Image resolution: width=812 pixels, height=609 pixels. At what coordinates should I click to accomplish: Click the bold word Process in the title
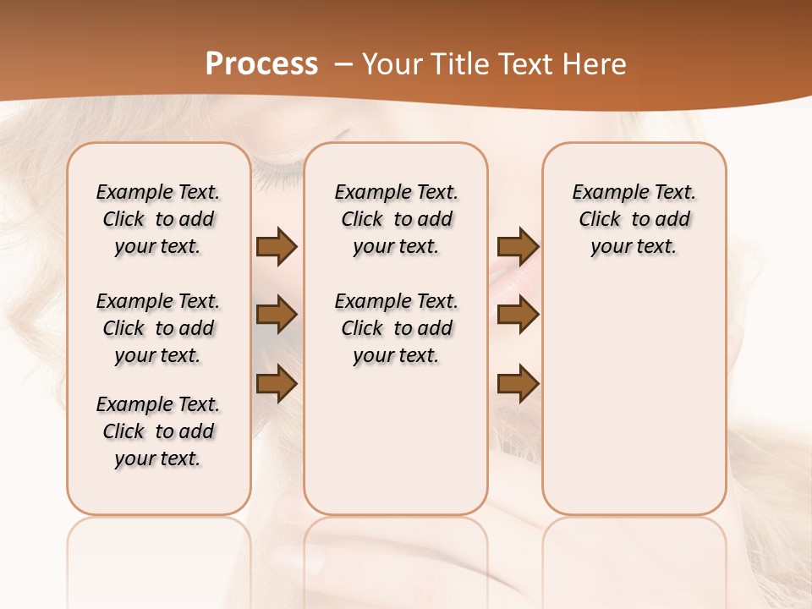(261, 64)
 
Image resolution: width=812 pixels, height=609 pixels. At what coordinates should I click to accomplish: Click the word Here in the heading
(595, 64)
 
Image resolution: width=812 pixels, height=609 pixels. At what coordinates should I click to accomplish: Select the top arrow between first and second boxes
(277, 246)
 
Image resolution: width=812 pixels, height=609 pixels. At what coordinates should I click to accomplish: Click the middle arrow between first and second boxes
(277, 315)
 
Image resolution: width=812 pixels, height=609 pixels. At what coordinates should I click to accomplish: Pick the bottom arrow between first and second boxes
(277, 384)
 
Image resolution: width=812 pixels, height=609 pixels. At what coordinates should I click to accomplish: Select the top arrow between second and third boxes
(518, 246)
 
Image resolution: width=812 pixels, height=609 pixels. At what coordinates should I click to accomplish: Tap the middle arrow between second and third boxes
(518, 315)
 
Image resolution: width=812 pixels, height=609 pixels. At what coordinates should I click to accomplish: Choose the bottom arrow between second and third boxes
(518, 384)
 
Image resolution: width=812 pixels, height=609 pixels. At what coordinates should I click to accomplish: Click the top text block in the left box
(158, 219)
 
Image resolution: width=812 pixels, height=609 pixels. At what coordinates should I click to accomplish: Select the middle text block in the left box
(158, 328)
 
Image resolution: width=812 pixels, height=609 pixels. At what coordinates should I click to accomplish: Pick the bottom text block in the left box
(158, 431)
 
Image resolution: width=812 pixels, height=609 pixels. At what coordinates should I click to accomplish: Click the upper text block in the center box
(396, 219)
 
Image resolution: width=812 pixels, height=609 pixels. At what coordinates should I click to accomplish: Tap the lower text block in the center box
(396, 328)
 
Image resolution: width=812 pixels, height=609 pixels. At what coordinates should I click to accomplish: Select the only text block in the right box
(634, 219)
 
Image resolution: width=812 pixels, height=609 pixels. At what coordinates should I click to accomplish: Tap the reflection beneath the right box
(634, 550)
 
